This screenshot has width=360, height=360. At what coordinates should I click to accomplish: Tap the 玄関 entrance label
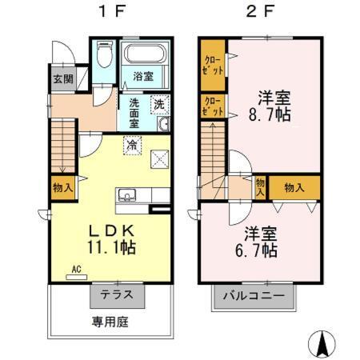63,78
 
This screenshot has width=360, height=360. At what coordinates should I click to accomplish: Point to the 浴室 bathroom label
144,77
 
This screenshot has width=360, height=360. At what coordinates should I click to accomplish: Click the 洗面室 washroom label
135,112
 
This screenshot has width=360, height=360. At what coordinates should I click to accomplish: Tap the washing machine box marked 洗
159,104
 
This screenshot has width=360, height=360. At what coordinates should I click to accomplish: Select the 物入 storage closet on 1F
63,189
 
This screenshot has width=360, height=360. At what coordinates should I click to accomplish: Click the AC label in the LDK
78,270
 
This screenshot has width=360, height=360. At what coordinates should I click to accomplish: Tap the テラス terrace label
117,295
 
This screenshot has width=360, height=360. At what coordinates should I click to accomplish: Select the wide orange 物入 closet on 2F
294,188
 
